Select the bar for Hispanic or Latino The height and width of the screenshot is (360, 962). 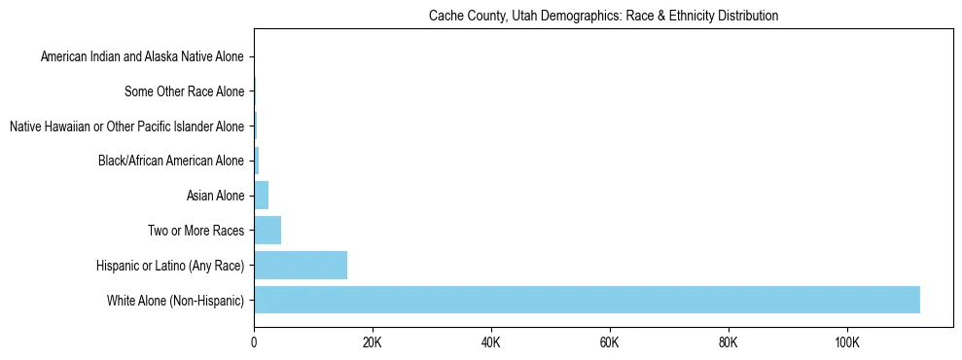(x=301, y=265)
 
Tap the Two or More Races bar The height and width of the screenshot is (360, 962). (x=267, y=231)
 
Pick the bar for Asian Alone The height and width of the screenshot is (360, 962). (x=262, y=196)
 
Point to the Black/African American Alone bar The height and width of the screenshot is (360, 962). (x=257, y=161)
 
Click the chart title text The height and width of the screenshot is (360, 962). (x=603, y=17)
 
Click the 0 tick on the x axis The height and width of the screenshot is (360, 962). (x=254, y=342)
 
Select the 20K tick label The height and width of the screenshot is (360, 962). (x=373, y=342)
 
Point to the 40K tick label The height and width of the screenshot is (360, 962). (x=491, y=342)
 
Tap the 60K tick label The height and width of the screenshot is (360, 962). (x=610, y=342)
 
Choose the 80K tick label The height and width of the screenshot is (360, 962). (x=729, y=342)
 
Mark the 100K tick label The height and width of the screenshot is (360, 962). (x=847, y=342)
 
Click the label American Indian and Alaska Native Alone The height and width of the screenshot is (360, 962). (x=142, y=57)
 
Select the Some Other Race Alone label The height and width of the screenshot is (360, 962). (x=185, y=92)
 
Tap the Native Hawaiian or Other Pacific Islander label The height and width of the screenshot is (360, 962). (x=126, y=126)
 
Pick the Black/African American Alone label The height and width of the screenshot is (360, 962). (x=171, y=162)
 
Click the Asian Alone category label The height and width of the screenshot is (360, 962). (x=215, y=197)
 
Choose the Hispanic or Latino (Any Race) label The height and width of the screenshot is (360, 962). (x=170, y=266)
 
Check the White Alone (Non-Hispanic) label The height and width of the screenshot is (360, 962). (x=176, y=301)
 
